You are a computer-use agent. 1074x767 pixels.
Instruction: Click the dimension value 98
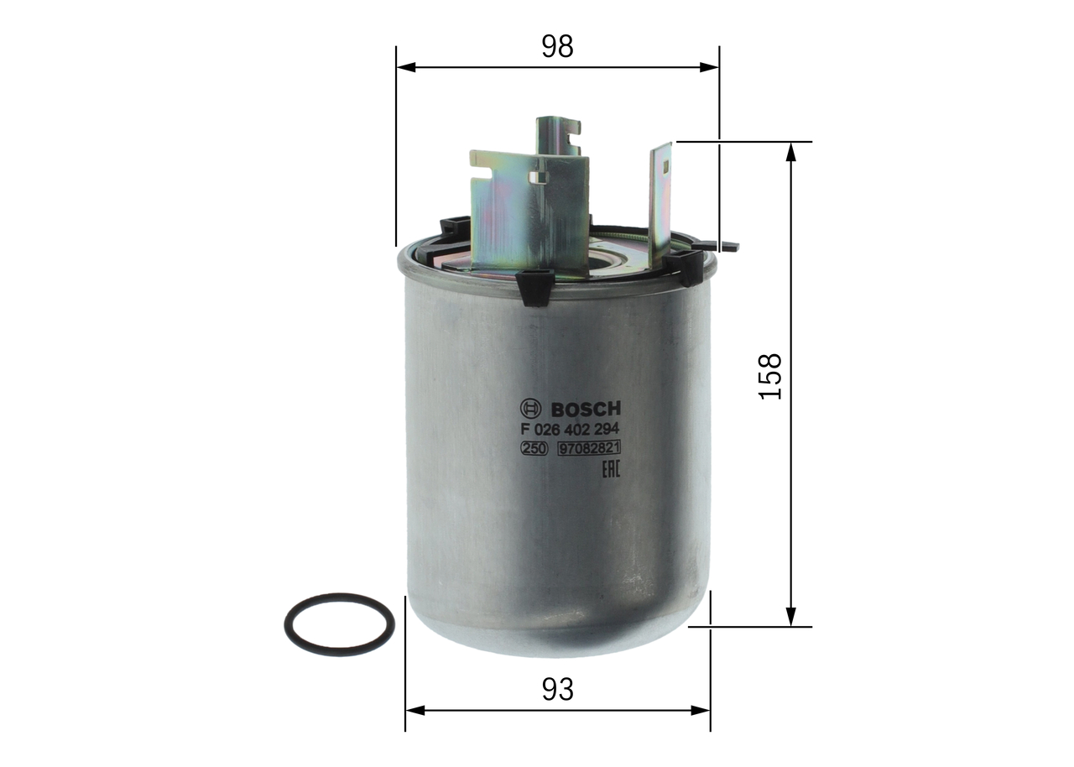point(557,47)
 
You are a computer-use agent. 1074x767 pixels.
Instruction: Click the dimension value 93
point(557,690)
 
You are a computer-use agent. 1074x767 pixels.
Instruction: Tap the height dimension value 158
point(770,375)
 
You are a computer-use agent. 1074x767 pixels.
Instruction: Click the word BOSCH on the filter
point(586,410)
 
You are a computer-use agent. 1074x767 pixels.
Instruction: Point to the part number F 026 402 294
point(570,430)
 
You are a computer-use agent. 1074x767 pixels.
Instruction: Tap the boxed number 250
point(534,450)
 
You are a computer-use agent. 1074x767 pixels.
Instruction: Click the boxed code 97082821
point(589,450)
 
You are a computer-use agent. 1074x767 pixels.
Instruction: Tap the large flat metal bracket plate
point(529,210)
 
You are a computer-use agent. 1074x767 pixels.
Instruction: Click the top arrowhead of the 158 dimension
point(790,152)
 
